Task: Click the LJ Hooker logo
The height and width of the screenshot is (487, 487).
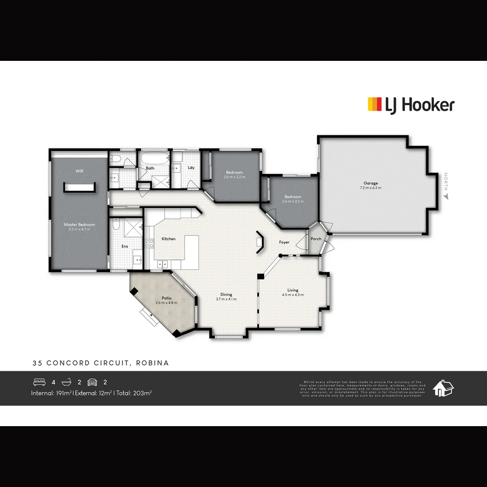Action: pos(411,105)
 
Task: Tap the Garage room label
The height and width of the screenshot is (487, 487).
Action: pos(371,183)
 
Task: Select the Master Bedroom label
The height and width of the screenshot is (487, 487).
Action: pos(79,225)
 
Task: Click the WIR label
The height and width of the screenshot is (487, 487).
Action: pos(79,171)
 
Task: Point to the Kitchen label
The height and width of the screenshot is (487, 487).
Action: pos(169,239)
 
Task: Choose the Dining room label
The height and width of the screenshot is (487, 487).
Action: pos(226,294)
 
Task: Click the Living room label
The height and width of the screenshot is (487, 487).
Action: pos(293,290)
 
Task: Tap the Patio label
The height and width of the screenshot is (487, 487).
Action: pos(166,298)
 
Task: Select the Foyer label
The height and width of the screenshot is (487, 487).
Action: pos(284,242)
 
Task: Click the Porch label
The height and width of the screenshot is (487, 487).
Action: pos(316,239)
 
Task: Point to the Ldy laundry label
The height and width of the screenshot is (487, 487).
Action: pos(191,168)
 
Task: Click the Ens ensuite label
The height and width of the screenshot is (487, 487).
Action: pos(125,246)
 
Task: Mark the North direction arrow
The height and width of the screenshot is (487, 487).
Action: pos(446,197)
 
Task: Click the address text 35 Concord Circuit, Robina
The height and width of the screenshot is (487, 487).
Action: pos(101,363)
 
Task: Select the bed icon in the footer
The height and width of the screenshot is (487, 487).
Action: pos(40,382)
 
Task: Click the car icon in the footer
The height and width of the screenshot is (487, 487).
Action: pos(92,382)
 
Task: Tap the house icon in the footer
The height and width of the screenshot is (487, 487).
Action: pos(443,388)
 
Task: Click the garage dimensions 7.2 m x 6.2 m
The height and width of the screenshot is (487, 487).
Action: pos(371,188)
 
